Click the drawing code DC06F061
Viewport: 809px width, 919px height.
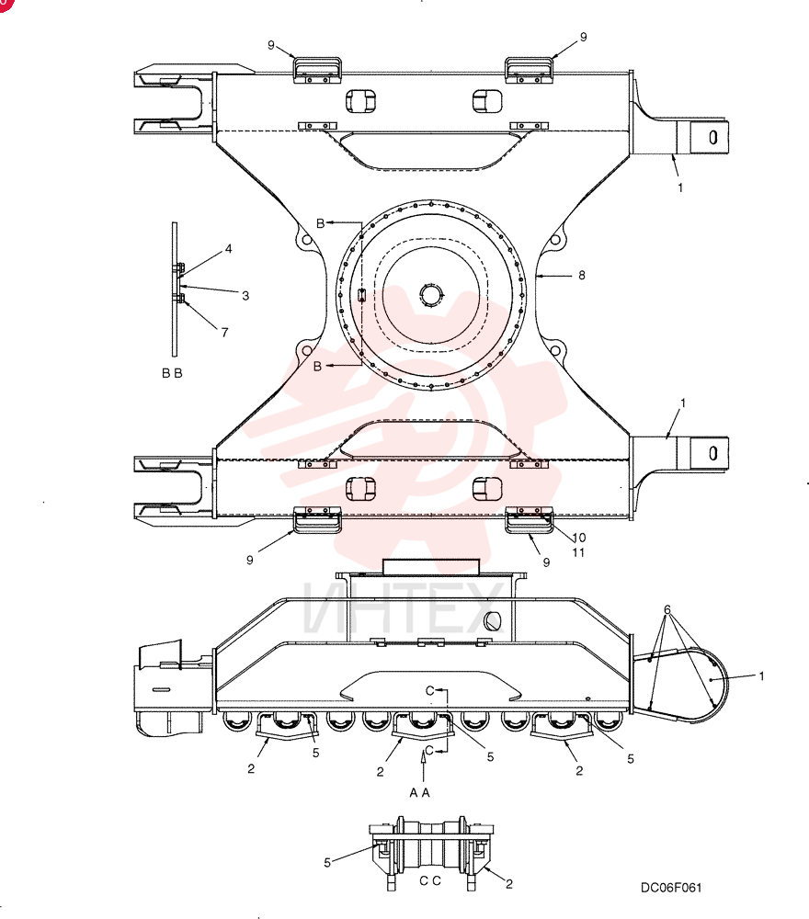pos(671,888)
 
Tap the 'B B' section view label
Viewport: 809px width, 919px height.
pos(172,373)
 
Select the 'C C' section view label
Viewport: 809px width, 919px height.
pos(430,881)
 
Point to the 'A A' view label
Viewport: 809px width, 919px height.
pos(420,792)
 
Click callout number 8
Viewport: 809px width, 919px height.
pos(582,275)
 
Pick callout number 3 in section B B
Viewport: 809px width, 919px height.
pos(245,296)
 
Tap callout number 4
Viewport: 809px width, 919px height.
pos(229,248)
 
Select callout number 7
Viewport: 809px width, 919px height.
pos(224,333)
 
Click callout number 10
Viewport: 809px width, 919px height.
pos(578,538)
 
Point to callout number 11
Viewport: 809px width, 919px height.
pos(578,552)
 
